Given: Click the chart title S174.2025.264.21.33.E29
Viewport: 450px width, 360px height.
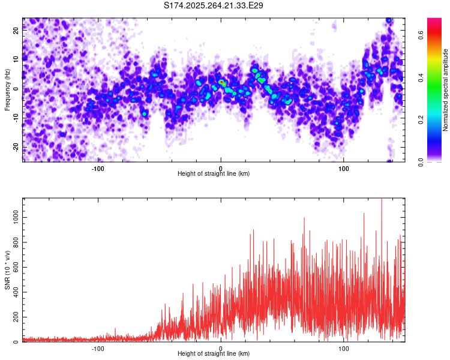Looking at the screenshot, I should pos(214,5).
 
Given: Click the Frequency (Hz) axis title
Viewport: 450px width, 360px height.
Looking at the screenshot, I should pos(7,89).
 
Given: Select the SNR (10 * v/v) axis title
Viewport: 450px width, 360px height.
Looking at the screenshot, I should pos(7,270).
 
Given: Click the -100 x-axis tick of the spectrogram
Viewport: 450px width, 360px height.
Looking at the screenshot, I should pos(98,169).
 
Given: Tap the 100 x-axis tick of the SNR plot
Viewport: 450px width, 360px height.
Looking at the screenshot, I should pos(344,349).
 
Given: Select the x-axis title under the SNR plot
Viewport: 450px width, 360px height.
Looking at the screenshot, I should pos(214,354).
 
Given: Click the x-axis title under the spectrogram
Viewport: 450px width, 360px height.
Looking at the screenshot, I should pos(214,174).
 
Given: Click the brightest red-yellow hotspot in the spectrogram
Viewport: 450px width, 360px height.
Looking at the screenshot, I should pos(221,82).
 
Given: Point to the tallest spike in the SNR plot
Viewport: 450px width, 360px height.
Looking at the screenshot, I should pos(382,200).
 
